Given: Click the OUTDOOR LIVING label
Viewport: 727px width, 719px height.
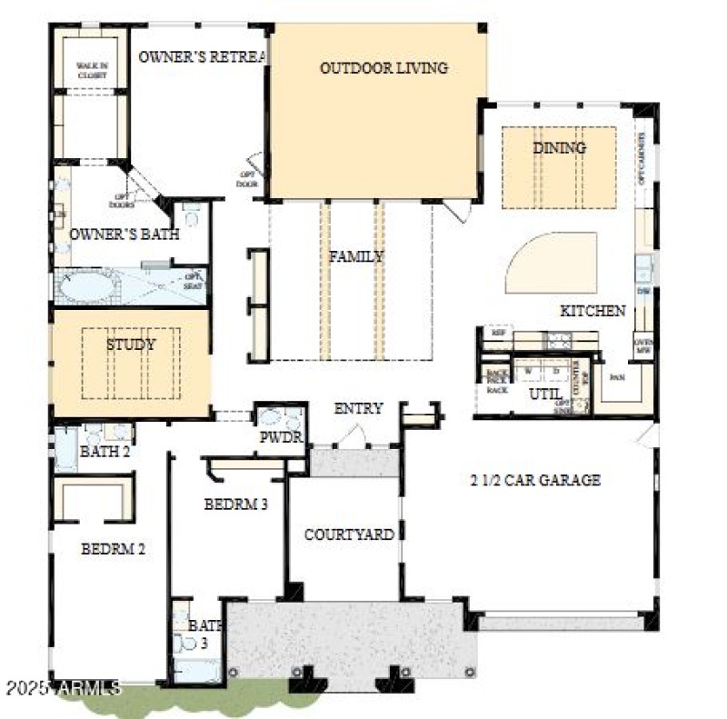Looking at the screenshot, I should coord(383,68).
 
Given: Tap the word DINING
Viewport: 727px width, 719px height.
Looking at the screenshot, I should coord(559,148).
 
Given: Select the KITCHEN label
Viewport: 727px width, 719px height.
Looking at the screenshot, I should coord(593,311).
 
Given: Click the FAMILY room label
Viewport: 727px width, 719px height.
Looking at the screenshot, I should coord(356,257).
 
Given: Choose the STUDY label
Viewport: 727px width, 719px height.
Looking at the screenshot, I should coord(131,345).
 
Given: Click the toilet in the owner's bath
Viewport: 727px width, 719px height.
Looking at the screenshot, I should coord(192,216).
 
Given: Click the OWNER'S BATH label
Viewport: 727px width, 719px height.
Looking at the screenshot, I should coord(124,235).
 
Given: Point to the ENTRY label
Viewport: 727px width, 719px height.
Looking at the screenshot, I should coord(358,409).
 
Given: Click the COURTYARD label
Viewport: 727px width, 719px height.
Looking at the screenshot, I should coord(349,534).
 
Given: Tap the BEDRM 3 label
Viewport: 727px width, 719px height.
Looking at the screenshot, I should coord(235,504).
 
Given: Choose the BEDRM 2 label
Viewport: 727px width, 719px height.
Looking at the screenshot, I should coord(114,549).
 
